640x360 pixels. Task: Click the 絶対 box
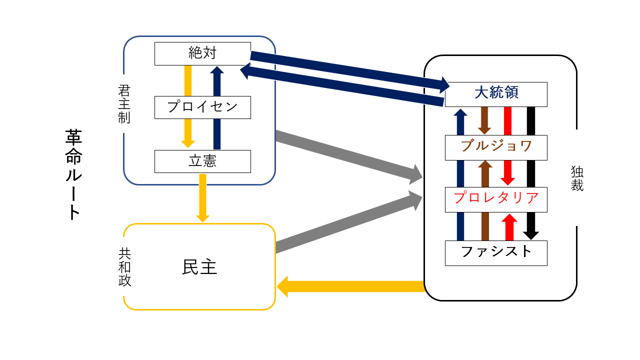tap(202, 53)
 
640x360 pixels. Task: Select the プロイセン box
tap(202, 107)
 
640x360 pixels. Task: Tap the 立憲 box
tap(202, 161)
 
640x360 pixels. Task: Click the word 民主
tap(199, 267)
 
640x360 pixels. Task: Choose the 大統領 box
tap(496, 94)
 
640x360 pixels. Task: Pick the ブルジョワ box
tap(496, 147)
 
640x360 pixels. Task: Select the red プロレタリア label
tap(496, 199)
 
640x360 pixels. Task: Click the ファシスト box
tap(496, 252)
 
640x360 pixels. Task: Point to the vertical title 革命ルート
tap(73, 175)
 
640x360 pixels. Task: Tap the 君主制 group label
tap(124, 104)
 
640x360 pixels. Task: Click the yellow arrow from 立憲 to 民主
tap(202, 197)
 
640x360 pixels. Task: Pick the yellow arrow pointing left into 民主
tap(350, 286)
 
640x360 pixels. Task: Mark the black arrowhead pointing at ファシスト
tap(531, 234)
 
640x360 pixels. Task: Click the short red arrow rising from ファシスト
tap(509, 227)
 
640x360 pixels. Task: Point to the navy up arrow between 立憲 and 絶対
tap(216, 107)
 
